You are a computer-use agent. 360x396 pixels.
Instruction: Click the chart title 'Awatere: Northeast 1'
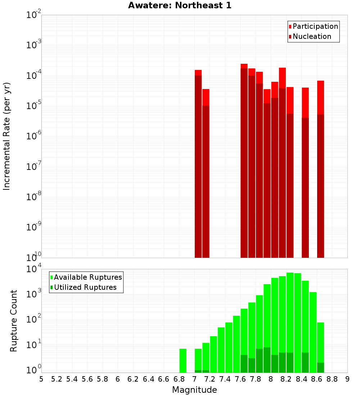(180, 5)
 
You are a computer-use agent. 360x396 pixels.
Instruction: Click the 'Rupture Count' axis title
(14, 320)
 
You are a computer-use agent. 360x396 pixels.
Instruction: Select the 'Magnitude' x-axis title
(194, 390)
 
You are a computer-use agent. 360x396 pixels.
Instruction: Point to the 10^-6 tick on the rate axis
(34, 136)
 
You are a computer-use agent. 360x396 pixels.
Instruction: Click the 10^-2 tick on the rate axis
(34, 15)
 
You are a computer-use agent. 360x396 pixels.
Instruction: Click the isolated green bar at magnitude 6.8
(183, 360)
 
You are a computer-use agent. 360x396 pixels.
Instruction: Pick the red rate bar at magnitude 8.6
(320, 169)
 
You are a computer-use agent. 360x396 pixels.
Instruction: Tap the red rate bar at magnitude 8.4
(305, 173)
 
